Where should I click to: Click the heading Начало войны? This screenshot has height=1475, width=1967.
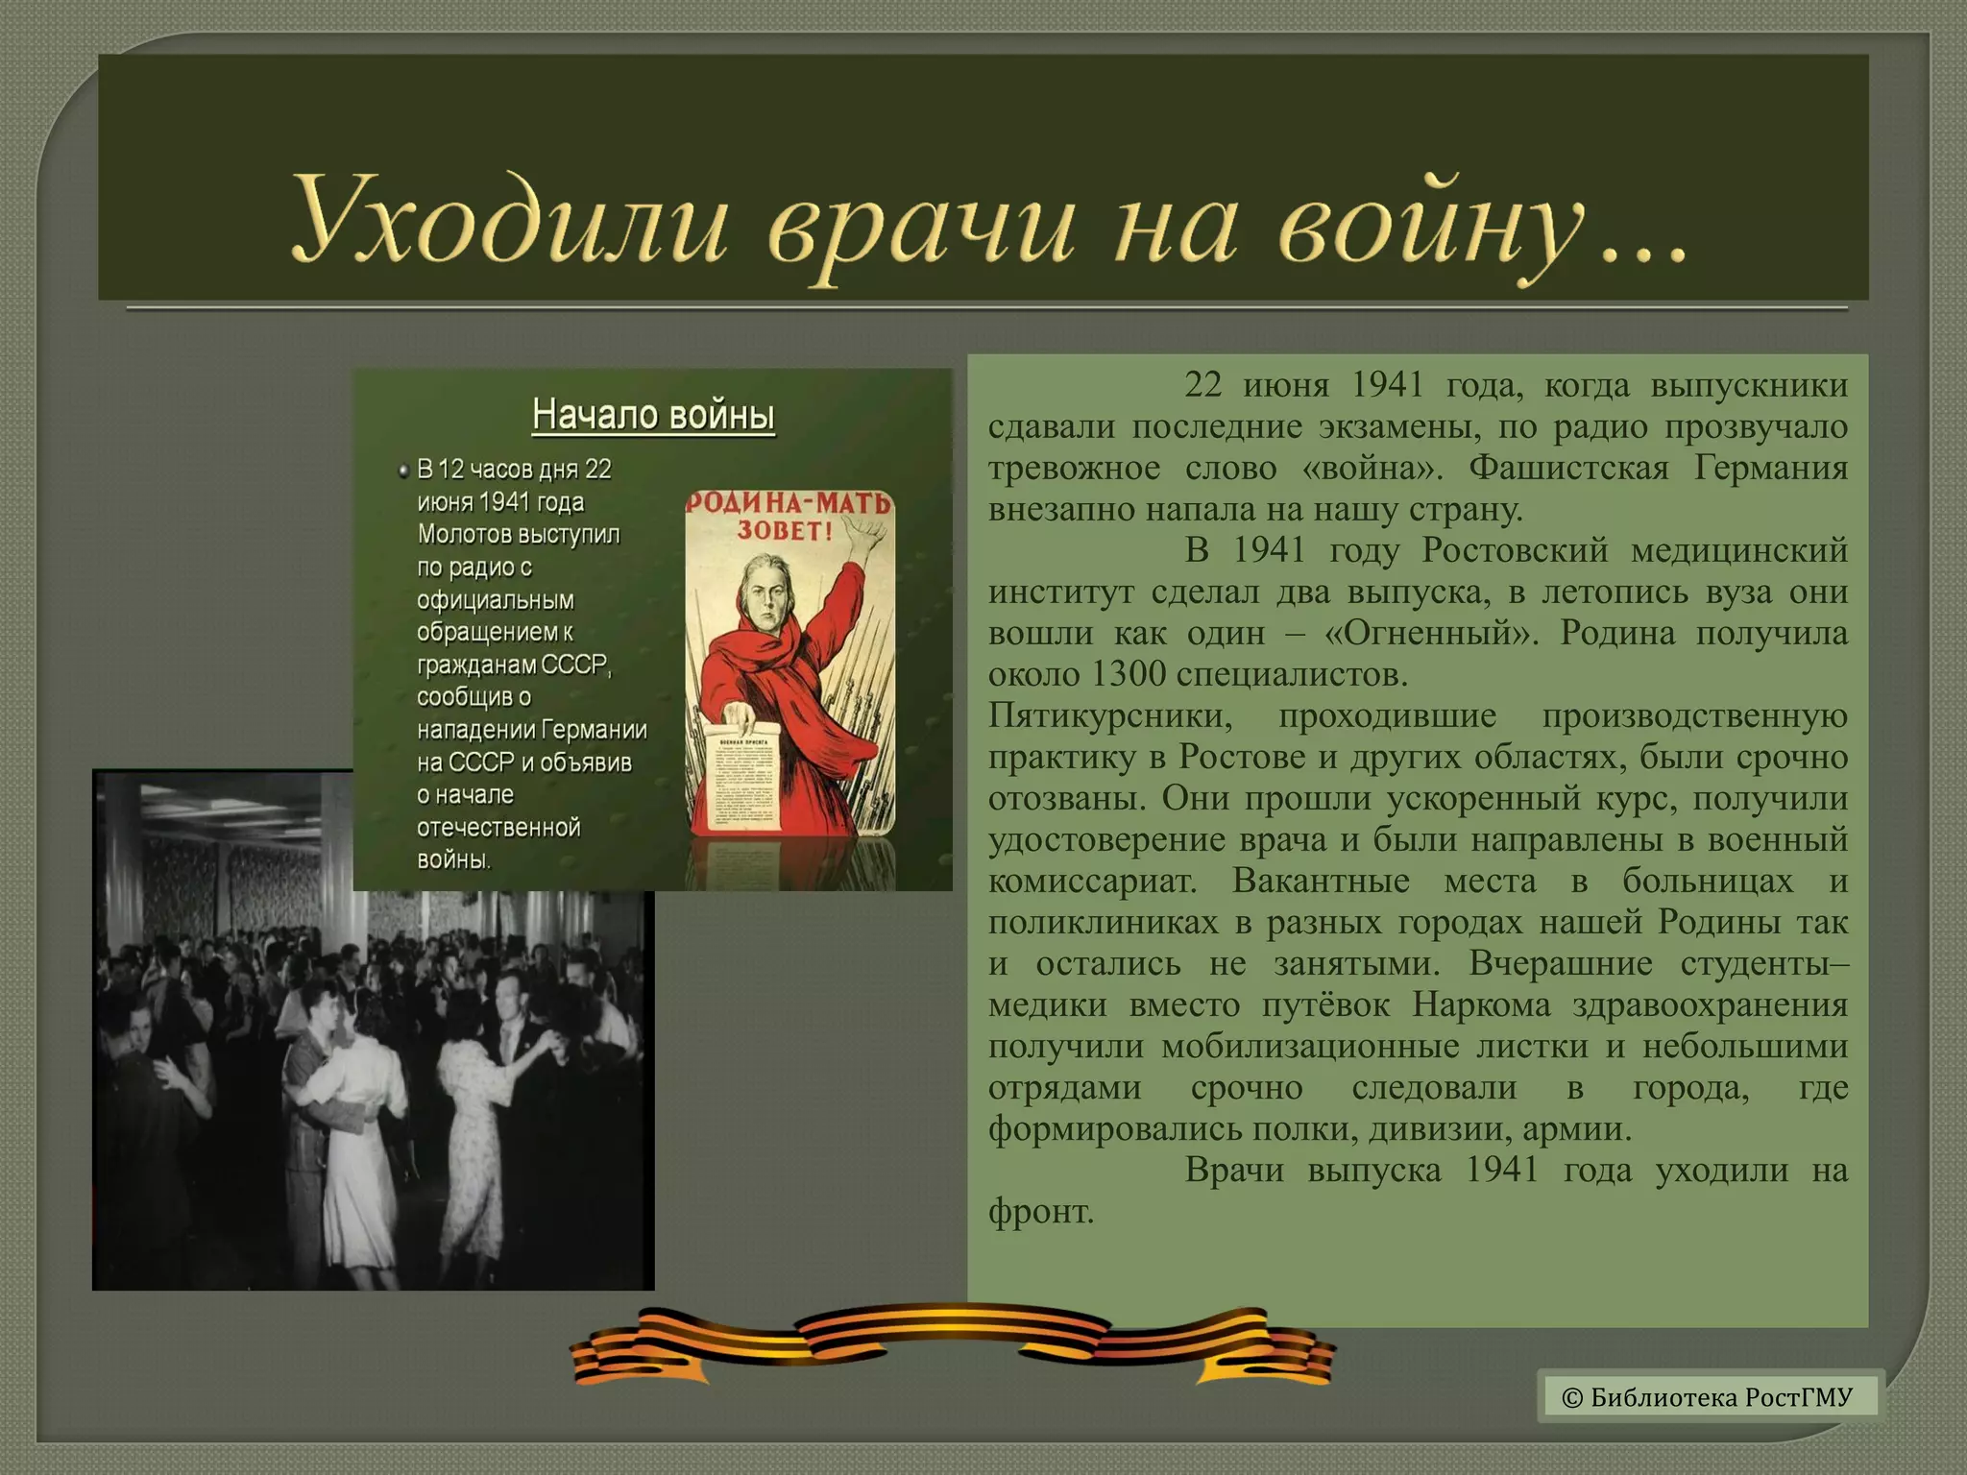(653, 415)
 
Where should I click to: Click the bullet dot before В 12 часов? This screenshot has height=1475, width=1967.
(403, 471)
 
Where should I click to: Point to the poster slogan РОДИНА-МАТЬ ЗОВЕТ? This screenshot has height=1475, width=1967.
(788, 516)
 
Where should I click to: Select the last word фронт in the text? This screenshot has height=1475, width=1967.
(1040, 1212)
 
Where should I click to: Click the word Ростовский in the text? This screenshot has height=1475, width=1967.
(1515, 551)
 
